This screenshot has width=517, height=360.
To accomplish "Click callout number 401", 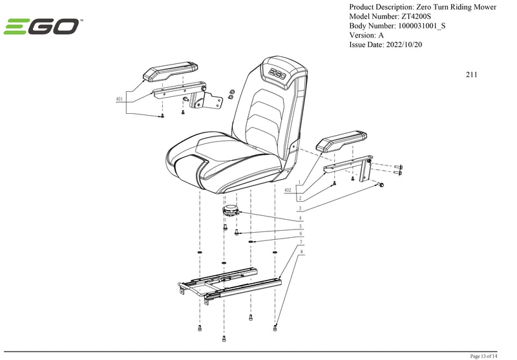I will (x=120, y=99).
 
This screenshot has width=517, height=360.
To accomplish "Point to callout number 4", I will (x=300, y=218).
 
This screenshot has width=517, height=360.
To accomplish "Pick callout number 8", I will (x=301, y=251).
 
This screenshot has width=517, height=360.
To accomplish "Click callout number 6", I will (x=300, y=235).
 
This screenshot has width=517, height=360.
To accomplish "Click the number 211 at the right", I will (x=471, y=74).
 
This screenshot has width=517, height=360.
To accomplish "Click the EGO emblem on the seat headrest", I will (x=279, y=72).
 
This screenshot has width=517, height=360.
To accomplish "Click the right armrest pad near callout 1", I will (x=342, y=142).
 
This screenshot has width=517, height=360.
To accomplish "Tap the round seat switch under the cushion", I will (x=231, y=210).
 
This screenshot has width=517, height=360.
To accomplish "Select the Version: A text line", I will (x=366, y=36).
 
